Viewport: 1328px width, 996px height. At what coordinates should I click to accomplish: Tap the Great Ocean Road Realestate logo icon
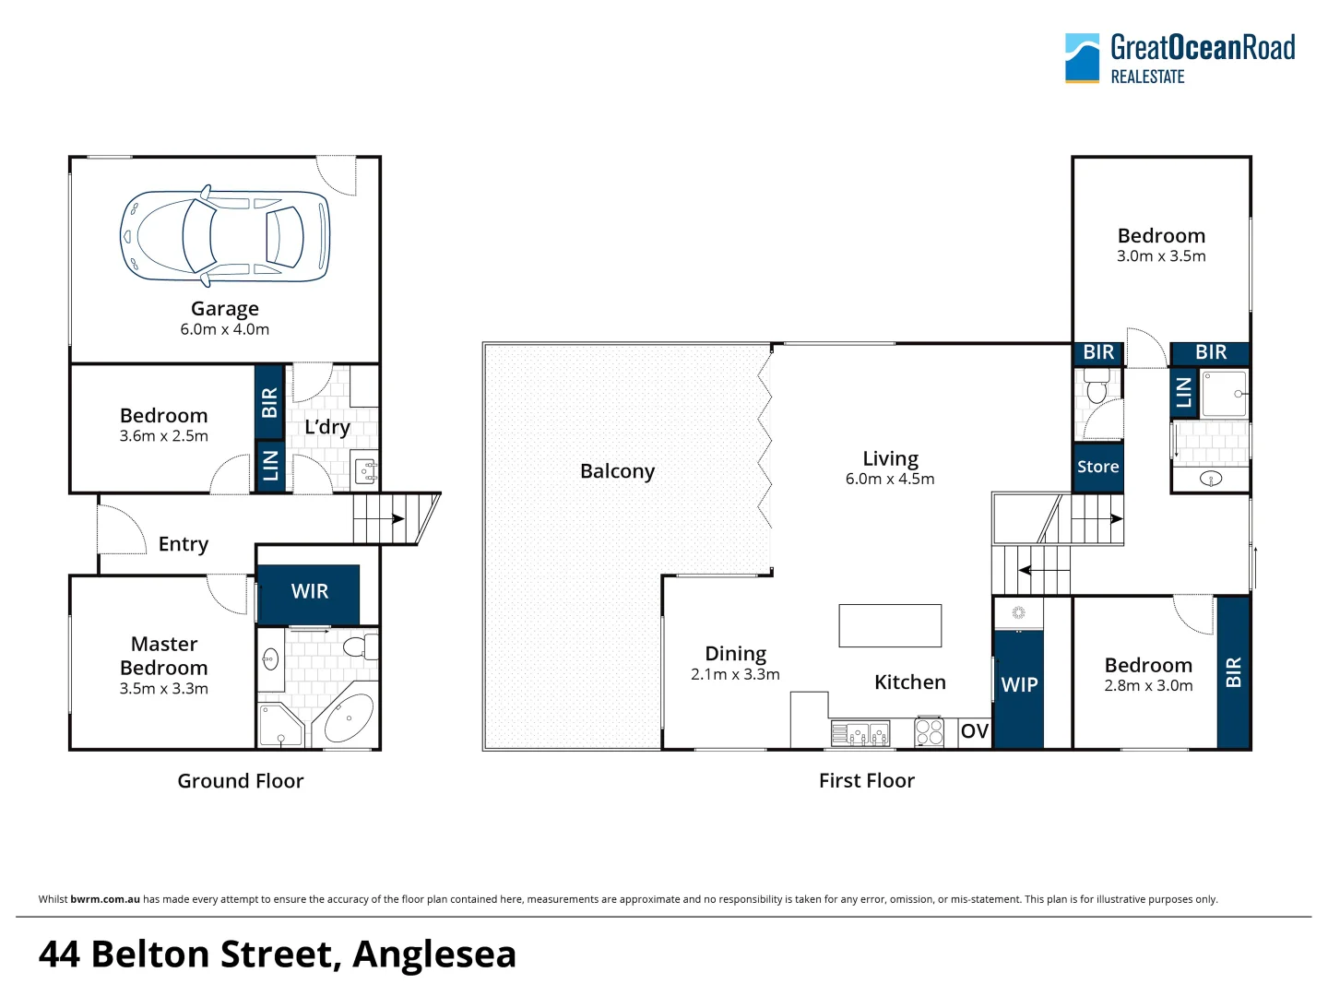tap(1082, 58)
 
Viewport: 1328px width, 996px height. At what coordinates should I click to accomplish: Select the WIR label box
tap(309, 592)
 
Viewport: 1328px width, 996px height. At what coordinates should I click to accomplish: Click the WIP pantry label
tap(1019, 685)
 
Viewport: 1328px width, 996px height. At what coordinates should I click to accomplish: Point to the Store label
tap(1097, 468)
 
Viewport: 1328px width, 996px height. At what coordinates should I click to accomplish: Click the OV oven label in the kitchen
tap(974, 731)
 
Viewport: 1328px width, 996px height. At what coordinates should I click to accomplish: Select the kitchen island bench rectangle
tap(890, 625)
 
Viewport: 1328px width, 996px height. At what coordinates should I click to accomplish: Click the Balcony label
tap(617, 471)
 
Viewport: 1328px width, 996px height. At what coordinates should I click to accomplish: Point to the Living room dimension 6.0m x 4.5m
tap(890, 480)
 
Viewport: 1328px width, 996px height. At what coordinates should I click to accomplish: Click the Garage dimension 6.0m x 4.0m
tap(224, 329)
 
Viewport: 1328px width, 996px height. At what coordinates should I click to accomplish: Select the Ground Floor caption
tap(240, 781)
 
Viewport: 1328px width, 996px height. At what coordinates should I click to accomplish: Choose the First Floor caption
tap(866, 781)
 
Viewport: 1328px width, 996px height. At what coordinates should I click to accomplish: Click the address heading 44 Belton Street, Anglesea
tap(277, 954)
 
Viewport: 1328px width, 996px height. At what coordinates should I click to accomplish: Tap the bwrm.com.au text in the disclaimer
tap(105, 899)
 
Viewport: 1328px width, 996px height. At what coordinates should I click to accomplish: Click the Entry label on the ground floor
tap(183, 544)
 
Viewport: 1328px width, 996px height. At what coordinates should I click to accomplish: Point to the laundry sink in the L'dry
tap(366, 472)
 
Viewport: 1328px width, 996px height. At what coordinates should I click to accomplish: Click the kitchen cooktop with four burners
tap(929, 732)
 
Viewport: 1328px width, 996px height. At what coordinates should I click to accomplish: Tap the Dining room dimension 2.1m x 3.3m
tap(735, 675)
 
